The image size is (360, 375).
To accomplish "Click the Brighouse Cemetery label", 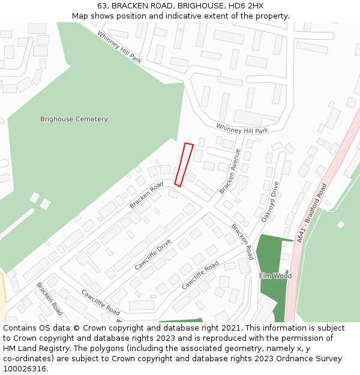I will point(74,119).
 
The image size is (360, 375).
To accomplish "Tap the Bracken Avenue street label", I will point(230,171).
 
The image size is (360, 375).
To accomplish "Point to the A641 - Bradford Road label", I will point(311,213).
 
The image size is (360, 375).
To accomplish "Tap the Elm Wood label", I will point(275,276).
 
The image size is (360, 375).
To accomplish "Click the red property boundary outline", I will point(184,164).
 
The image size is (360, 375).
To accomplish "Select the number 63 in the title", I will point(102,5).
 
